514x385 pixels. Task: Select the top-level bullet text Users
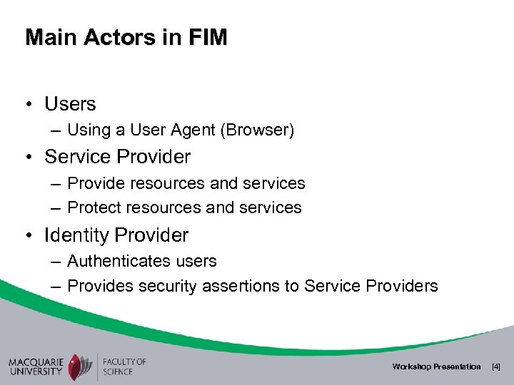point(70,103)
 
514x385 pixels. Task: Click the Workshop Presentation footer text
point(436,366)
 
